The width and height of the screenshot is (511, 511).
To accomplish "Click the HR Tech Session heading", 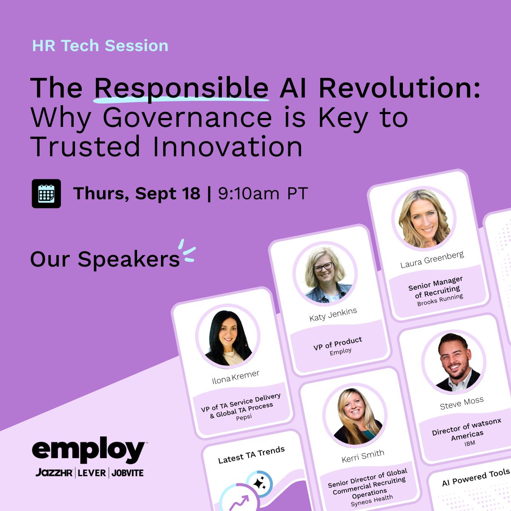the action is coord(100,46).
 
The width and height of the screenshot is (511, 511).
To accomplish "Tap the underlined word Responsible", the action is coord(181,89).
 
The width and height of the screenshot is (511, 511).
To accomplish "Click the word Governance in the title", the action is coord(187,118).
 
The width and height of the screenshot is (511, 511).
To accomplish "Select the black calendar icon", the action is coord(46,194).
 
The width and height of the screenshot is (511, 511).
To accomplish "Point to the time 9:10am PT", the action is coord(263,193).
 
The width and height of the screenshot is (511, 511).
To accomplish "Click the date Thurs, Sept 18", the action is coord(137,194).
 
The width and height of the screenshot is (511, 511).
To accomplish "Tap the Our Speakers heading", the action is coord(105,259).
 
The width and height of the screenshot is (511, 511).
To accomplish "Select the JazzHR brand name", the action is coord(54,472).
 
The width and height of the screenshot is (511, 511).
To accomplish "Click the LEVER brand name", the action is coord(92,473).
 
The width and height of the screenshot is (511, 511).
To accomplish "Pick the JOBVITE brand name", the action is coord(128,473).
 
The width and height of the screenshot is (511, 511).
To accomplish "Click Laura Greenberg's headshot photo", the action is coord(424,219).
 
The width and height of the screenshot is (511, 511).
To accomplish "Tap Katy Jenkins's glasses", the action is coord(323,267).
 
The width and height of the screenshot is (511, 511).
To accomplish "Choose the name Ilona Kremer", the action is coord(235,377).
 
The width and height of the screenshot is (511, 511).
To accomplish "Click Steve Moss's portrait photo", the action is coord(454,362).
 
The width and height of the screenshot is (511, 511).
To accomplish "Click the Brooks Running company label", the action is coord(440,300).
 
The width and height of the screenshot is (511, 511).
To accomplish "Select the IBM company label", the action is coord(470,443).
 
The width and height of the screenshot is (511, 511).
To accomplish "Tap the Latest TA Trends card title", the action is coord(251,454).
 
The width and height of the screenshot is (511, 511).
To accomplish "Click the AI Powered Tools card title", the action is coord(476,477).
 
